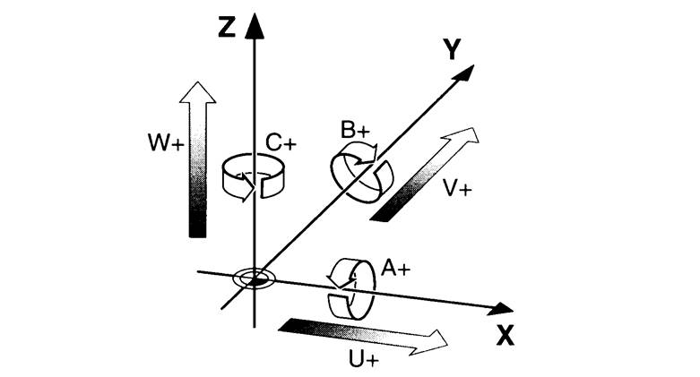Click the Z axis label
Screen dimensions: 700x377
pyautogui.click(x=227, y=27)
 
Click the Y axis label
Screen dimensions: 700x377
pyautogui.click(x=453, y=49)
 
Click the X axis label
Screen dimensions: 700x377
pyautogui.click(x=505, y=336)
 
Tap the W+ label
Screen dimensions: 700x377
pyautogui.click(x=166, y=142)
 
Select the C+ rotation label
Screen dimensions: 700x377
pyautogui.click(x=281, y=142)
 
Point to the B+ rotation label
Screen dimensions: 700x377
pyautogui.click(x=355, y=130)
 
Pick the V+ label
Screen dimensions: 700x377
pyautogui.click(x=457, y=188)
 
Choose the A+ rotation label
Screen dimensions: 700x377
pyautogui.click(x=395, y=268)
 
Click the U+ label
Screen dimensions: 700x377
pyautogui.click(x=363, y=359)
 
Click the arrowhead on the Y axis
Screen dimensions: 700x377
pyautogui.click(x=463, y=73)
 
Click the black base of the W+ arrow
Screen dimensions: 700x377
pyautogui.click(x=198, y=228)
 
